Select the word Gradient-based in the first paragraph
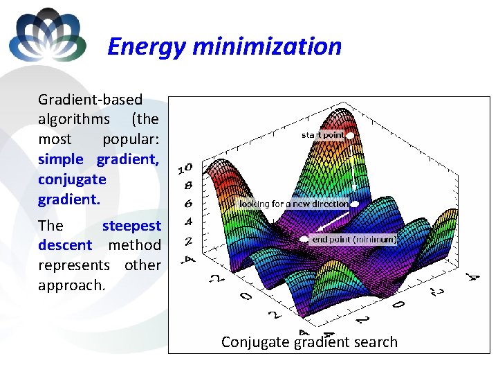[90, 100]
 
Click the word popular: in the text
[131, 139]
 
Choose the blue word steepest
[131, 225]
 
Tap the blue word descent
[65, 245]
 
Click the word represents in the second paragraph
[74, 265]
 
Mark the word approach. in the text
[71, 285]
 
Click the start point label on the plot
[322, 136]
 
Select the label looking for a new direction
[294, 204]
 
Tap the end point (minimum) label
[354, 239]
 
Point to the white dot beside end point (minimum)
[305, 239]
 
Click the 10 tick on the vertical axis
[185, 168]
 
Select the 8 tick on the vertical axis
[187, 186]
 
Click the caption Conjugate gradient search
[309, 341]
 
